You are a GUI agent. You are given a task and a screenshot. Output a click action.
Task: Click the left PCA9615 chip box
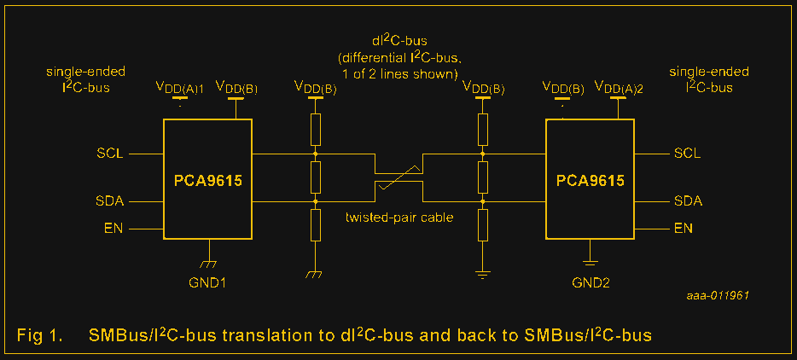[207, 179]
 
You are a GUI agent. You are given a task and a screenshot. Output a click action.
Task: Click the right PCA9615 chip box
[590, 179]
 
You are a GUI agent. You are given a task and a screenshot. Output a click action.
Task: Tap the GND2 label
[590, 281]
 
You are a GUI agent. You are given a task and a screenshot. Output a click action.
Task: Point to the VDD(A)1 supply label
[179, 87]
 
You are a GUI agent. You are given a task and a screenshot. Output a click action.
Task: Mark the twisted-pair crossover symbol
[398, 178]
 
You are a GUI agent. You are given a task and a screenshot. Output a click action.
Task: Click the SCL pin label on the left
[110, 154]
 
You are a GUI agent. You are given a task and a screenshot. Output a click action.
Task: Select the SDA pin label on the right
[688, 201]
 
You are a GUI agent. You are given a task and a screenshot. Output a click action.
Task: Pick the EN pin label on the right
[683, 229]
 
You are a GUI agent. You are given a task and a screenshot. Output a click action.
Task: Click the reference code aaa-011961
[718, 294]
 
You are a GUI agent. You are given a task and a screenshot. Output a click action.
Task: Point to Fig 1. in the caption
[39, 335]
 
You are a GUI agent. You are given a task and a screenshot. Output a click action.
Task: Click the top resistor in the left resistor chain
[316, 131]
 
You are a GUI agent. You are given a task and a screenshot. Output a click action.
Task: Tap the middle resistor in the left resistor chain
[316, 177]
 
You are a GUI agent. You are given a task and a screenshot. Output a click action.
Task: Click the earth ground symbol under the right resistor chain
[483, 274]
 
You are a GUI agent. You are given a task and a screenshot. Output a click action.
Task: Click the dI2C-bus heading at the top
[398, 41]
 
